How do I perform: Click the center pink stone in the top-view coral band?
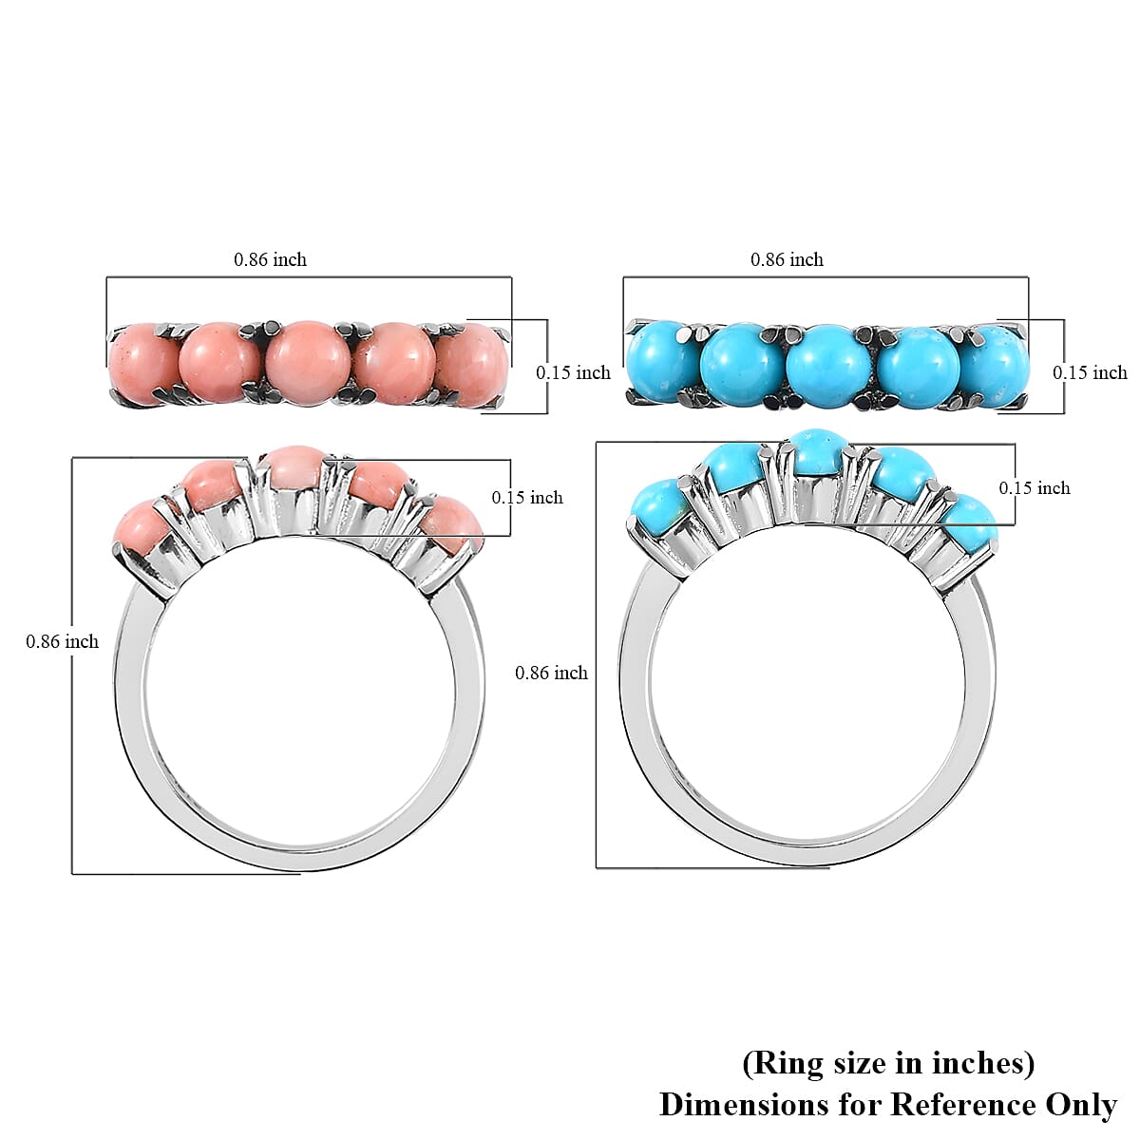309,364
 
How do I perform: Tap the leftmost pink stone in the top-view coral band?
143,367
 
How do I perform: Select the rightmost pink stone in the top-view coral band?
474,365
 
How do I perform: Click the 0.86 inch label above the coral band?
270,259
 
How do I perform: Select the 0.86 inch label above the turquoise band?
787,259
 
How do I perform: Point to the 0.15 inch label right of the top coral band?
573,372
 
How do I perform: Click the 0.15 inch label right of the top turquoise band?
1090,372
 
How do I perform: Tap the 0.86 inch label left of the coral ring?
62,641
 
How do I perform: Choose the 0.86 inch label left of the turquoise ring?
551,673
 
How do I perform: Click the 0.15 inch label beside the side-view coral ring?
526,497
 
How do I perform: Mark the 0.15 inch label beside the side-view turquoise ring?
1034,487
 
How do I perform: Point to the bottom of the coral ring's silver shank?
299,857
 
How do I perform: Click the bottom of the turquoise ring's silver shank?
807,852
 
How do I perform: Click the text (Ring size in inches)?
888,1063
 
